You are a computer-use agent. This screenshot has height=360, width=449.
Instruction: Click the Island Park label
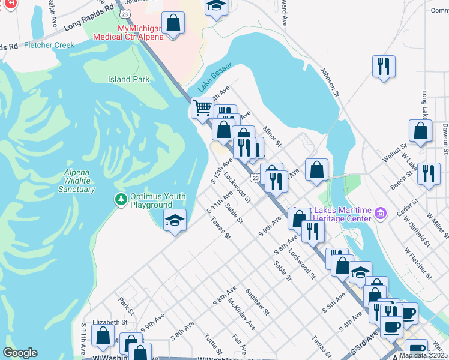128,79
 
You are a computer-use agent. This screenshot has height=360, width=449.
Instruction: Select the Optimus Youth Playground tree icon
121,199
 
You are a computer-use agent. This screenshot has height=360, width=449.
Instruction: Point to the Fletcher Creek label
49,45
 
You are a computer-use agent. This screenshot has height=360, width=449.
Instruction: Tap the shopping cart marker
202,108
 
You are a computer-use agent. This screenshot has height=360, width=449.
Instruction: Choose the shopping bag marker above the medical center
173,23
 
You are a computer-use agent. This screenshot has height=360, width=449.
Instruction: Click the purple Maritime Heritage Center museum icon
380,214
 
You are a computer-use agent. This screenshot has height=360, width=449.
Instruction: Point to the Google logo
20,353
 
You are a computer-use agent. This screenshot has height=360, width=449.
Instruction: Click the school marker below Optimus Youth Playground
175,220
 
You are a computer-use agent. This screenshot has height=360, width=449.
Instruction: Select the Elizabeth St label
110,322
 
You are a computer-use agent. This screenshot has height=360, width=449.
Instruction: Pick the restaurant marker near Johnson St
384,65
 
